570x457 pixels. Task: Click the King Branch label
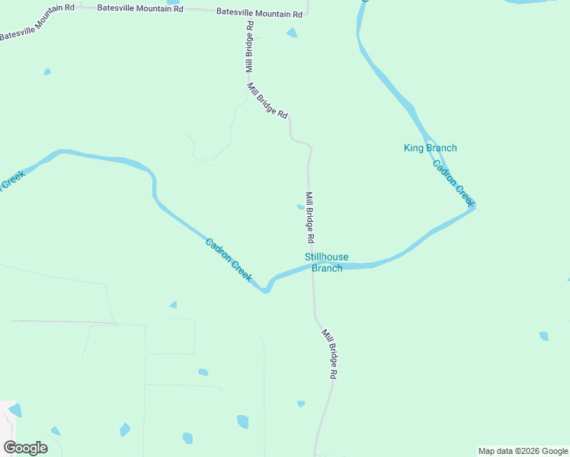[x=430, y=148]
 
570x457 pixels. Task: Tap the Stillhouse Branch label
[x=326, y=263]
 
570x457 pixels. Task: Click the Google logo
[x=25, y=447]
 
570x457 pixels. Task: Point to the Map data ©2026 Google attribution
[x=523, y=451]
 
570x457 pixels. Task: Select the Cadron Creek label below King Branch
[x=453, y=183]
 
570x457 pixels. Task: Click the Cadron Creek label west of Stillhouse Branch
[x=229, y=260]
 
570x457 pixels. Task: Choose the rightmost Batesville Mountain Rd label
[x=259, y=13]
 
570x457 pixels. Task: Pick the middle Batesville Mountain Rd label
[x=140, y=8]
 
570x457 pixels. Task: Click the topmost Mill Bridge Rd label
[x=248, y=46]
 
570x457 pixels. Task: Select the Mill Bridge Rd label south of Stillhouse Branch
[x=330, y=355]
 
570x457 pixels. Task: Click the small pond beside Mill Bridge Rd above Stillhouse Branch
[x=300, y=206]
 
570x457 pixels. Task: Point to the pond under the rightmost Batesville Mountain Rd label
[x=292, y=33]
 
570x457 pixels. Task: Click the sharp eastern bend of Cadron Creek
[x=473, y=206]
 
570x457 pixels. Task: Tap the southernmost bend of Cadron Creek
[x=265, y=290]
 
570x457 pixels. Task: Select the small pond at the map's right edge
[x=543, y=335]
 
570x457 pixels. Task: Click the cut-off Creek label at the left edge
[x=11, y=181]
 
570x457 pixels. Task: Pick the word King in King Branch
[x=413, y=148]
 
